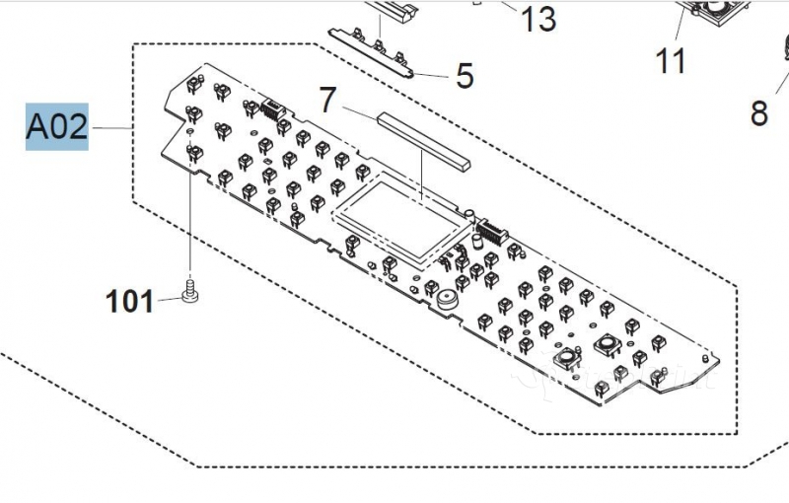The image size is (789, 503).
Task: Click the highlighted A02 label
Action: coord(56,128)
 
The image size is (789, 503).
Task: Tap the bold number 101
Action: coord(130,301)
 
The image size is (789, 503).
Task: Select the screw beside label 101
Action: coord(189,293)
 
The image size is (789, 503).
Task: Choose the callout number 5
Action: coord(465,76)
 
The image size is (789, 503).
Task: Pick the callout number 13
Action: coord(538,19)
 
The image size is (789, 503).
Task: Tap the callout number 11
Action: coord(671,61)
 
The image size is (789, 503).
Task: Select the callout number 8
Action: coord(758,113)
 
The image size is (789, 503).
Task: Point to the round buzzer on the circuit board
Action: coord(449,298)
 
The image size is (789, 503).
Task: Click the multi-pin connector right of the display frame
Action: coord(489,236)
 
